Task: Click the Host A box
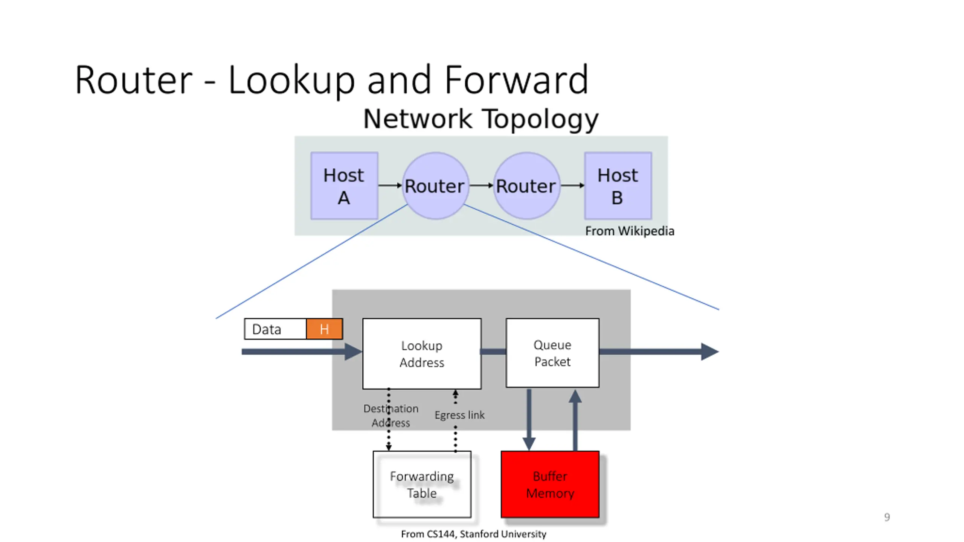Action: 344,186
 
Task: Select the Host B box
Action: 618,186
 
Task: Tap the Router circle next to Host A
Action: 435,186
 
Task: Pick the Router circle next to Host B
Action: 526,186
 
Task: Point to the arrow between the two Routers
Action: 481,185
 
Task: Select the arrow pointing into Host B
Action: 572,185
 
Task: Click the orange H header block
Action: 324,329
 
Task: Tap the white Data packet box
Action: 275,329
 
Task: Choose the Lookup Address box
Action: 422,354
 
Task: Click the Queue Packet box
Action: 552,353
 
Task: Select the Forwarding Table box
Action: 422,484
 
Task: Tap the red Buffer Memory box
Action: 550,484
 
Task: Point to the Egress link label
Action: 459,415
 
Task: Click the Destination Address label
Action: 391,416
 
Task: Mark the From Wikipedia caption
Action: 629,231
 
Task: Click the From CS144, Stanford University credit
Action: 473,534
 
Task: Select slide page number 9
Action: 887,517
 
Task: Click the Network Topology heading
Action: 480,119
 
